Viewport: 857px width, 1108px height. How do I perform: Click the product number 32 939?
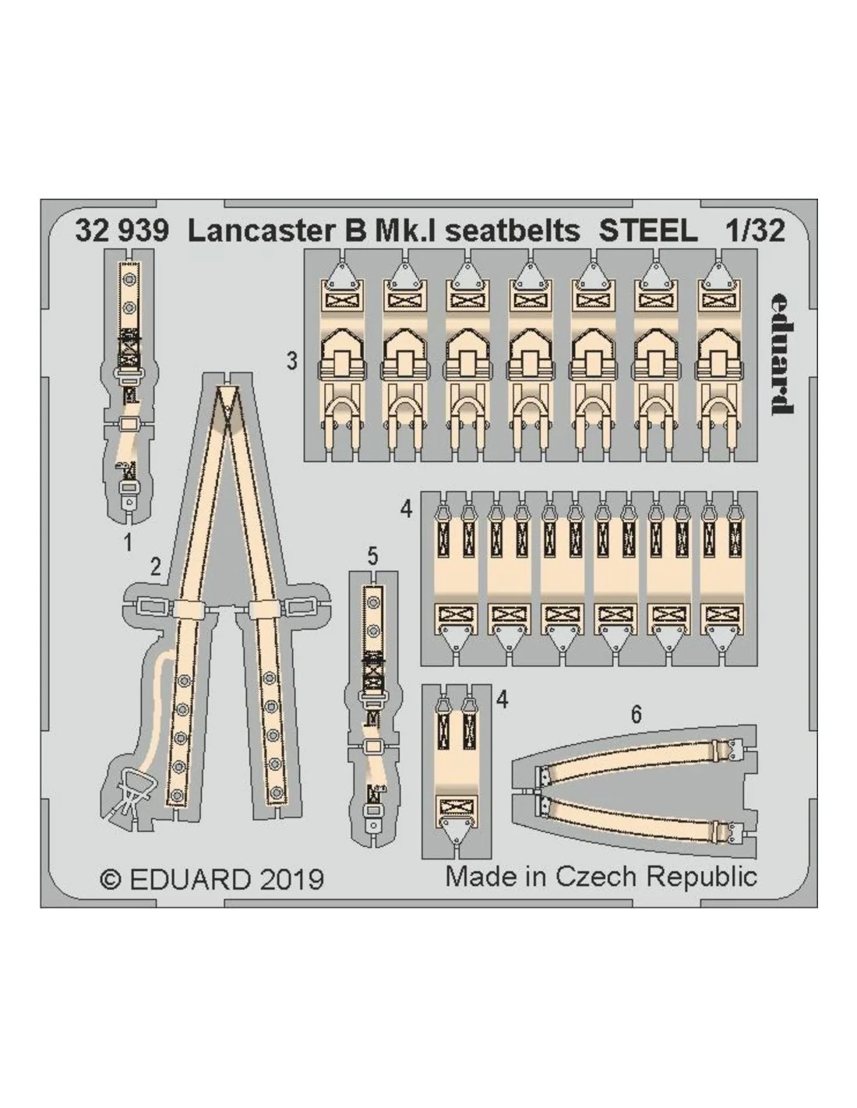click(122, 231)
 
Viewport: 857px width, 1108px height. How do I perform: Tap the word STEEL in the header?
click(647, 231)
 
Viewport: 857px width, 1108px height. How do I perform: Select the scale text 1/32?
click(755, 231)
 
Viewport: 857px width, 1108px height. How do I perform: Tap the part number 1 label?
click(129, 542)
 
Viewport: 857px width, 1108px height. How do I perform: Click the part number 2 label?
click(156, 567)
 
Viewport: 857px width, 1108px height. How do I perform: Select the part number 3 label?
click(291, 362)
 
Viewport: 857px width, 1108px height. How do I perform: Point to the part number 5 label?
click(372, 556)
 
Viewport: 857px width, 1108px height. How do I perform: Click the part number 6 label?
click(636, 715)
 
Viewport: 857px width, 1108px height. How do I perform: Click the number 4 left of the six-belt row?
click(407, 510)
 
